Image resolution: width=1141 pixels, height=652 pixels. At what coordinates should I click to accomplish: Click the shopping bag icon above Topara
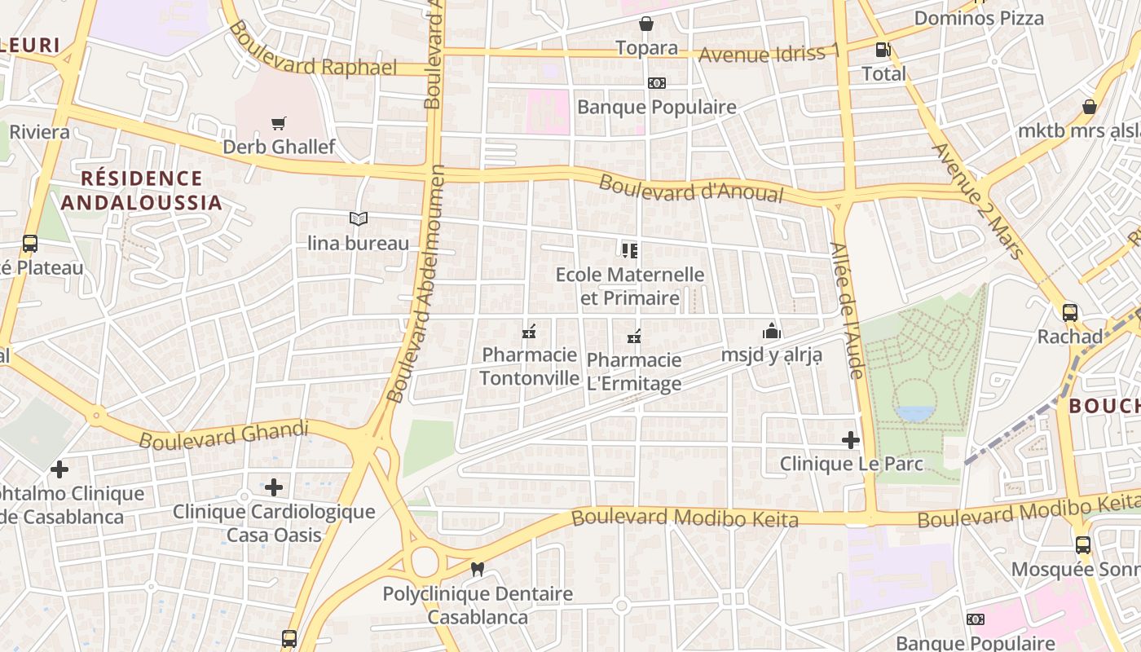(x=646, y=24)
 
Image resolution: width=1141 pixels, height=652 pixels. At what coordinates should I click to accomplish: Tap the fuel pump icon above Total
(x=882, y=50)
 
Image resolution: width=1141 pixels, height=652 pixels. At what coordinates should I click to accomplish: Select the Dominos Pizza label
(x=979, y=18)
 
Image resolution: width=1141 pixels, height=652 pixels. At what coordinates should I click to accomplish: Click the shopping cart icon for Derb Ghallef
(x=279, y=123)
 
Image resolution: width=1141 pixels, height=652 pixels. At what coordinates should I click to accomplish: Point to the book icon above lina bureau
(x=359, y=218)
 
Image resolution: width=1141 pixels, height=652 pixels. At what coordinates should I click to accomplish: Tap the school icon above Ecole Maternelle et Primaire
(x=629, y=250)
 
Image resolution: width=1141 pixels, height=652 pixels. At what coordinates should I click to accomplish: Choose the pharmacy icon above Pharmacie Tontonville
(x=529, y=332)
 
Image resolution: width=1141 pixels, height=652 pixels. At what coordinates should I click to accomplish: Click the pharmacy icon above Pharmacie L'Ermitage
(x=634, y=336)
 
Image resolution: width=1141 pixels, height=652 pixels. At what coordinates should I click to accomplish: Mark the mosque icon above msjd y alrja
(x=771, y=331)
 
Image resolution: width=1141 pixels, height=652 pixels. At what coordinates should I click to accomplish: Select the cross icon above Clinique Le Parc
(x=851, y=440)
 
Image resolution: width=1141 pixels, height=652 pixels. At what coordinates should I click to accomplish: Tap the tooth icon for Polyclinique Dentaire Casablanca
(x=478, y=570)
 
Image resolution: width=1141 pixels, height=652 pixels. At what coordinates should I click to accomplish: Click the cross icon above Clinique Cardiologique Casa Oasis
(x=274, y=487)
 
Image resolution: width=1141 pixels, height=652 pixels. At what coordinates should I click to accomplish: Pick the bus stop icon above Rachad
(x=1070, y=312)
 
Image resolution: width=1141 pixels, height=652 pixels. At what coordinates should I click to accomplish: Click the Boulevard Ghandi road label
(x=224, y=435)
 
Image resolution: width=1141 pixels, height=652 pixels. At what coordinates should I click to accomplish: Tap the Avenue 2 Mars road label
(x=979, y=200)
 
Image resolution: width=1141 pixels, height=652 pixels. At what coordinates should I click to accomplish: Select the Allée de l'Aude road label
(x=846, y=310)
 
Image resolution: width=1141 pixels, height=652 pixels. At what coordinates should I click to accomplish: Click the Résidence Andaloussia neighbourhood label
(x=141, y=190)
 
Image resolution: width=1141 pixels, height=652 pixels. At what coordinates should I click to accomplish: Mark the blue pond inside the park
(x=914, y=413)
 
